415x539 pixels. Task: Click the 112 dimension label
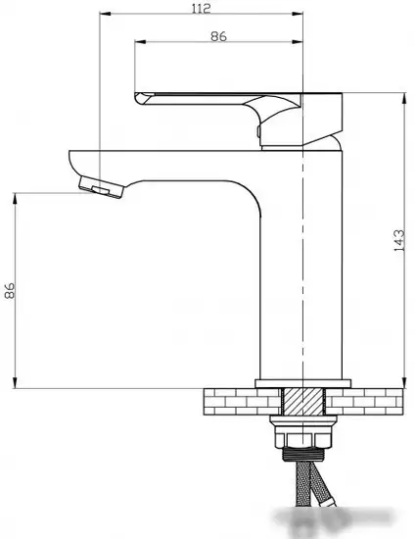point(201,8)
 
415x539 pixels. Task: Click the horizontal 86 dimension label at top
point(218,36)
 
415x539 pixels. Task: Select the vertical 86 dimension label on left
point(10,290)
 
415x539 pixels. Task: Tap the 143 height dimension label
point(399,240)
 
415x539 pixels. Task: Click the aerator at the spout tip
point(101,187)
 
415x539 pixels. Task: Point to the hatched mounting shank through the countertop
point(303,401)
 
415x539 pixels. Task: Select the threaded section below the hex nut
point(303,455)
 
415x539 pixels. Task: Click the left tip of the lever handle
point(135,96)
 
